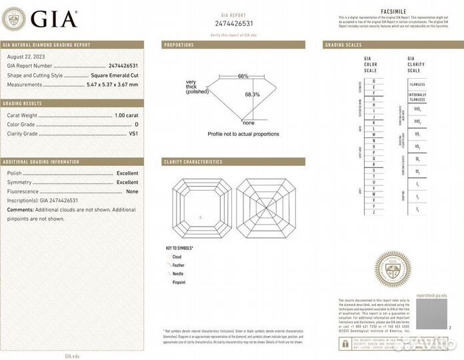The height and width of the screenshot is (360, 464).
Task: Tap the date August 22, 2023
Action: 25,58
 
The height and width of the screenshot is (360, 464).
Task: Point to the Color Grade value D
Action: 136,125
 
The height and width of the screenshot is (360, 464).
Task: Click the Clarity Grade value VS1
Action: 133,133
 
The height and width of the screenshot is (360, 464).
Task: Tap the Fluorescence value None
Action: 132,191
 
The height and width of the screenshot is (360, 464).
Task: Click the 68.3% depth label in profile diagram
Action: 252,95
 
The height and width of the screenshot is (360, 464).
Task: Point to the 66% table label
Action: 243,76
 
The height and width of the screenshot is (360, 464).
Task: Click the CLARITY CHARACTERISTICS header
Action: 193,162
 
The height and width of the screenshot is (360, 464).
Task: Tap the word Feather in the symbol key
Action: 179,265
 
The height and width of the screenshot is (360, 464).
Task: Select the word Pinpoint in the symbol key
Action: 179,283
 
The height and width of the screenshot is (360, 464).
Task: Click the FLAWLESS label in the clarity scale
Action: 417,85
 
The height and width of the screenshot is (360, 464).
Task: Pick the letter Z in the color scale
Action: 373,212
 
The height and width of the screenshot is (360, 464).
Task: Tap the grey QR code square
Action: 431,314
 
